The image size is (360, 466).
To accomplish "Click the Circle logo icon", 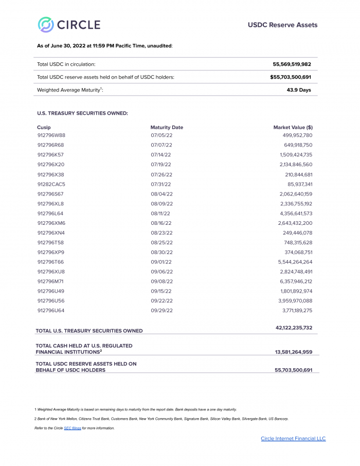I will click(x=45, y=25).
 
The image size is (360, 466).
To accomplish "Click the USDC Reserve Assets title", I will click(x=282, y=25).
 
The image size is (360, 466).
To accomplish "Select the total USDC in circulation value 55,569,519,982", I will click(x=292, y=64).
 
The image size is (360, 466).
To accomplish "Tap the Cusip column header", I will click(x=44, y=127).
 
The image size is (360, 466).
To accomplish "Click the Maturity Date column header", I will click(x=167, y=127).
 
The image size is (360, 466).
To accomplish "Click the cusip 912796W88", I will click(x=51, y=135).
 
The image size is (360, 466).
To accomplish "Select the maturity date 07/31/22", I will click(x=161, y=184).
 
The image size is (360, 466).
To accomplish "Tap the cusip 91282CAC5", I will click(x=51, y=184).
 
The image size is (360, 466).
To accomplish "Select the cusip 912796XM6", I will click(x=51, y=223).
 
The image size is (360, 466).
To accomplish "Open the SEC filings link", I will click(x=72, y=428).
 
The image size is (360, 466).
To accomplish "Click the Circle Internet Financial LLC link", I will click(x=293, y=439).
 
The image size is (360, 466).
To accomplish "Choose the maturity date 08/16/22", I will click(x=161, y=223).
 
